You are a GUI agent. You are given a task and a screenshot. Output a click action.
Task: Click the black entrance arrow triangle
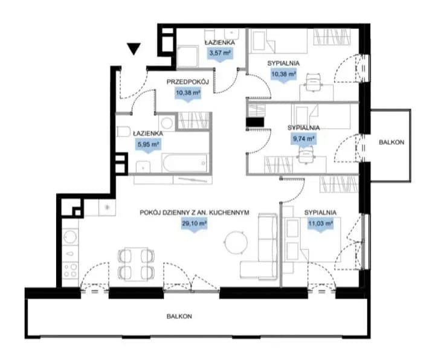134,49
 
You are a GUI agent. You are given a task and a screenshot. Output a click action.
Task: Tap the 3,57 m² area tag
220,54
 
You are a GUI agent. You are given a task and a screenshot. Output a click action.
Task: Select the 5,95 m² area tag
148,145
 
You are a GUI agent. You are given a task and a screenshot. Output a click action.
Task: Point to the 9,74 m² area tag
304,139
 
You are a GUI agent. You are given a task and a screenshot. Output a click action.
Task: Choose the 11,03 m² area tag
320,224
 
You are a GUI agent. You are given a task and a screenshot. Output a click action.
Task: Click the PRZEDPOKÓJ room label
187,82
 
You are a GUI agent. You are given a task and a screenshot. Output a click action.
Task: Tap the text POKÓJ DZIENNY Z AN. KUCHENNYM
194,213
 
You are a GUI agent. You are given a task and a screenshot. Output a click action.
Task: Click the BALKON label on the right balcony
391,143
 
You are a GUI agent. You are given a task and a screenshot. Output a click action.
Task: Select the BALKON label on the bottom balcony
179,316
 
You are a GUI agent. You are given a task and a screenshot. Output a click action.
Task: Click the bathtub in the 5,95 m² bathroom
185,163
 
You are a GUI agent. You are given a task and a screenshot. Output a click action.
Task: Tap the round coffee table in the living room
236,242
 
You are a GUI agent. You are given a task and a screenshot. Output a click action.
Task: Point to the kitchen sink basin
70,237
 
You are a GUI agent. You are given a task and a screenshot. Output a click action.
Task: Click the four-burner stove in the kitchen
70,270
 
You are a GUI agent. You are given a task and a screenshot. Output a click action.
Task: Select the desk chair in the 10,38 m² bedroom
313,82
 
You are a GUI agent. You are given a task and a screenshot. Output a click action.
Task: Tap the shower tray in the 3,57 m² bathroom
187,57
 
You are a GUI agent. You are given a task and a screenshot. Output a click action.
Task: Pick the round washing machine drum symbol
167,122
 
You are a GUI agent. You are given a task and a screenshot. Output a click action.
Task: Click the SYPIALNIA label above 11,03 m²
320,213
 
